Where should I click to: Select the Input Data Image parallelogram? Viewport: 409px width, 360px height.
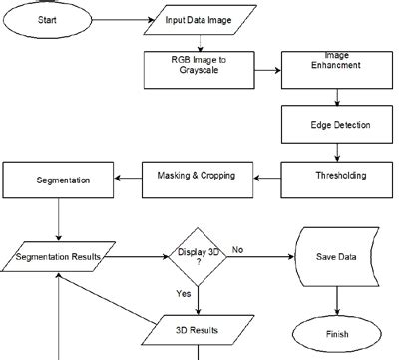click(203, 20)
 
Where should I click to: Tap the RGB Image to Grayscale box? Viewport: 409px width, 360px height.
click(200, 66)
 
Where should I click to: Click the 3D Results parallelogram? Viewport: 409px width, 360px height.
click(198, 329)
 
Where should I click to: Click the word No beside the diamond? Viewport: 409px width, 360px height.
click(238, 250)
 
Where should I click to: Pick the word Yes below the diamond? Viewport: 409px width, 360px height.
click(184, 294)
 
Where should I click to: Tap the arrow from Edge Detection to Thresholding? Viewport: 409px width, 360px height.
click(339, 152)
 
